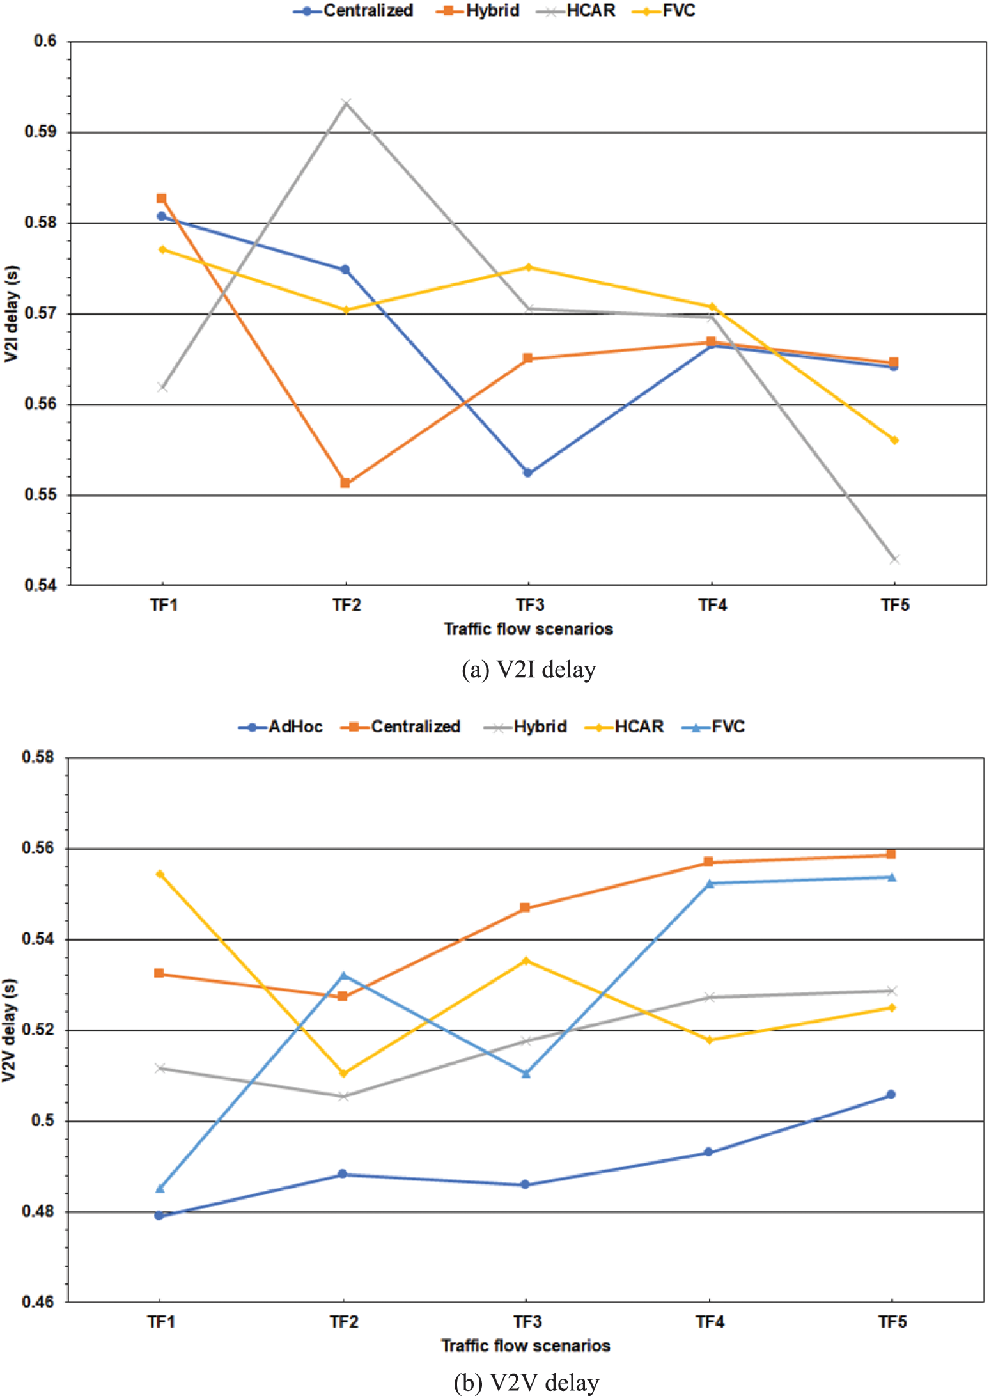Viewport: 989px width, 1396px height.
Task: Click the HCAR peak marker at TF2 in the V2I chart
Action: (346, 103)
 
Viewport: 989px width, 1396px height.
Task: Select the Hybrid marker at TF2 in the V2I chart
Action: (345, 483)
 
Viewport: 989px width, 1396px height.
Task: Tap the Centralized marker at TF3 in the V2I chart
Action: (528, 473)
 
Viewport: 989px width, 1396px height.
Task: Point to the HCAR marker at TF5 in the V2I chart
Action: (894, 559)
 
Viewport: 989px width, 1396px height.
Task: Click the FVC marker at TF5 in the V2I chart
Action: (894, 440)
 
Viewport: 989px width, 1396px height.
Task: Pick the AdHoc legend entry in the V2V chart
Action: (281, 726)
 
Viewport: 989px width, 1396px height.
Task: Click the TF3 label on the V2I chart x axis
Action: (529, 605)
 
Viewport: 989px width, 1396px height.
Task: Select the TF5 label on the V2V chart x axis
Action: (892, 1321)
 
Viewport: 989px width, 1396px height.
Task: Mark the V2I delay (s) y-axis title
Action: (12, 313)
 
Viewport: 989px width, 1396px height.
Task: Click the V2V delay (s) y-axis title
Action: (9, 1030)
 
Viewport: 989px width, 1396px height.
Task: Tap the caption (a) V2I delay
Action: (529, 670)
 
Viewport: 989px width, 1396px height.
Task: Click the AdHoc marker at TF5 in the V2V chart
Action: (891, 1094)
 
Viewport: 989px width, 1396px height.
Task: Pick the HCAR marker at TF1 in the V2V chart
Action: (160, 874)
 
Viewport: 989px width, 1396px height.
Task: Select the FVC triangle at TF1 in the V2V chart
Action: (160, 1188)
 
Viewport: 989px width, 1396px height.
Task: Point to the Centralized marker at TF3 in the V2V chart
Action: (525, 907)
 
